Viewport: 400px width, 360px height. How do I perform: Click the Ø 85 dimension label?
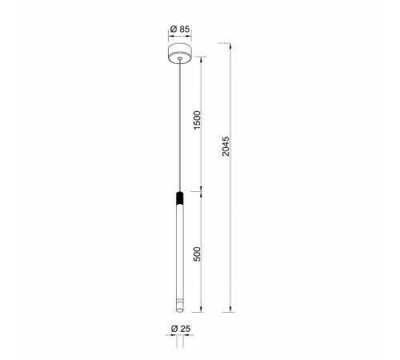[180, 29]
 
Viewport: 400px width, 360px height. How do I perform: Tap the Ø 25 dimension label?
[181, 329]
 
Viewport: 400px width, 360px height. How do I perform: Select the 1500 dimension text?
[197, 120]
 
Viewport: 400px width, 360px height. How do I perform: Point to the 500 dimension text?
[197, 254]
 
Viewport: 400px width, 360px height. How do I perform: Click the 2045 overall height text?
[226, 146]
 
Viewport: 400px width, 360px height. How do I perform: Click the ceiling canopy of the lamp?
[180, 53]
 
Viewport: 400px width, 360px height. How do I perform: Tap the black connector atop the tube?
[180, 198]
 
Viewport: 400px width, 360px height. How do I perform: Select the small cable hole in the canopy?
[180, 58]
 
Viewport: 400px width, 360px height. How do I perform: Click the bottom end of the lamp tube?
[180, 310]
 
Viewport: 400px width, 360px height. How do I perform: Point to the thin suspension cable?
[180, 125]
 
